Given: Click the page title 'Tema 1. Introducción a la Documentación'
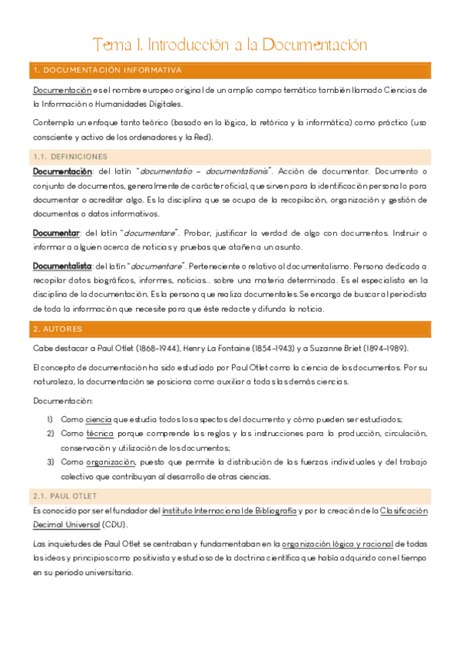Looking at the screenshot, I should coord(230,44).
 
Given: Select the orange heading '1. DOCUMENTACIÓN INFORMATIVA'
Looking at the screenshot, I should coord(108,71).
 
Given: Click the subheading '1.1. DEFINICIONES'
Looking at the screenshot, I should coord(70,156).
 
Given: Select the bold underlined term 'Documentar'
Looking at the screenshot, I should coord(56,232).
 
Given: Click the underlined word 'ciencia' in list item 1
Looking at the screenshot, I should coord(98,420).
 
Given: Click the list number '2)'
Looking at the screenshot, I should coord(50,434).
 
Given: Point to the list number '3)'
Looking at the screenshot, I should coord(50,462).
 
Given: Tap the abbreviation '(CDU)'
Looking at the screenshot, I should coord(116,525).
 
